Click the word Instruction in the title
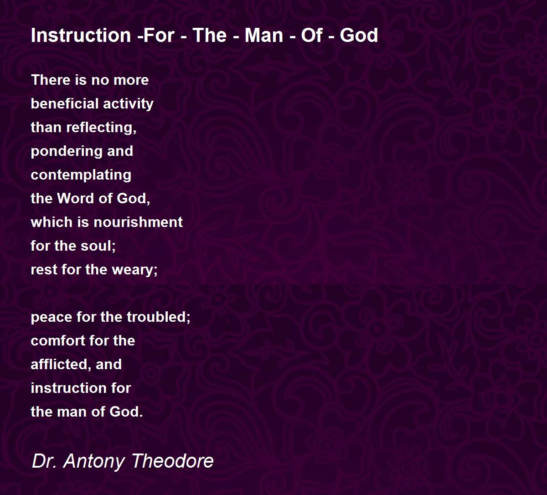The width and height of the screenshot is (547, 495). pyautogui.click(x=81, y=35)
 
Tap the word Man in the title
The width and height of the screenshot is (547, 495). pyautogui.click(x=264, y=35)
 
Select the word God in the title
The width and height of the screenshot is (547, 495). pyautogui.click(x=359, y=35)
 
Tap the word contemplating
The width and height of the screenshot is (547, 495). pyautogui.click(x=81, y=175)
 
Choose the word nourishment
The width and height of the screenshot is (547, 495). pyautogui.click(x=138, y=222)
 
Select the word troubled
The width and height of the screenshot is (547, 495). pyautogui.click(x=159, y=317)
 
